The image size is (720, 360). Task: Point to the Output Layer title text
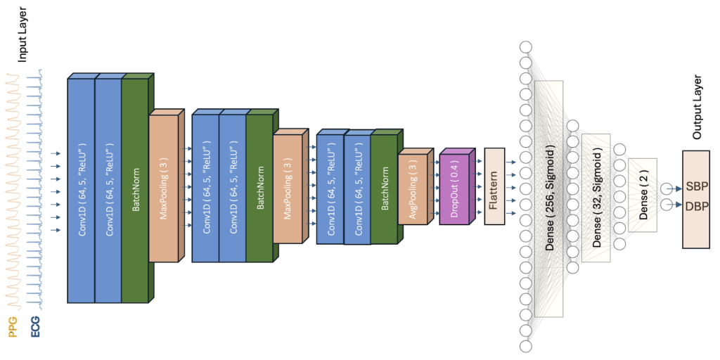[697, 106]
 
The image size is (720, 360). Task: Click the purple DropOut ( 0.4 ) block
[454, 188]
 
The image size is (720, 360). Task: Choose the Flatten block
[494, 186]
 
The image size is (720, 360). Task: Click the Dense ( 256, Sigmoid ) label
[549, 199]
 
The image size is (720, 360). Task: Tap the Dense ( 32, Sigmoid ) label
[596, 198]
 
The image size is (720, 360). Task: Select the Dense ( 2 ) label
[643, 195]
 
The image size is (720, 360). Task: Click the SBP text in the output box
[697, 187]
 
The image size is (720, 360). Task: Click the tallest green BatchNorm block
[135, 190]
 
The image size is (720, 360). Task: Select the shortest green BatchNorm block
[384, 189]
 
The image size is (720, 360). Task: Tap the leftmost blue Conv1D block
[81, 190]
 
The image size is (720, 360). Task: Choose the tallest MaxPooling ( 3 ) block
[163, 188]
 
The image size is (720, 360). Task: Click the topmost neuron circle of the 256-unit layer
[525, 47]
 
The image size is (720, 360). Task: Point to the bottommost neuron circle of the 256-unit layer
[525, 346]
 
